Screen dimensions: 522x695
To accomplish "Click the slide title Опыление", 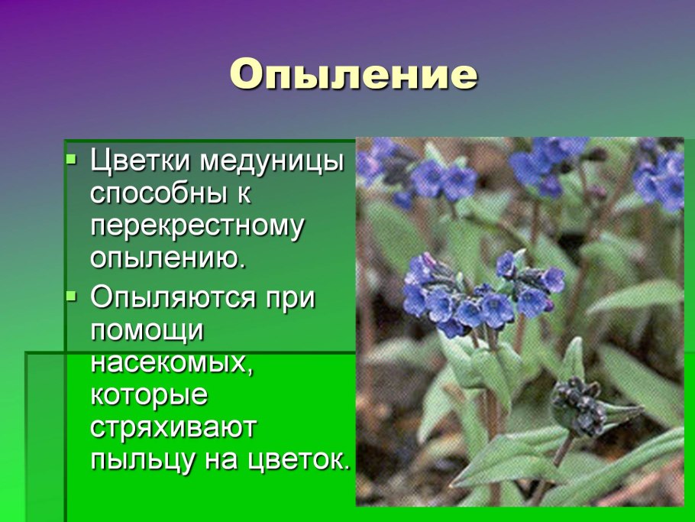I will pos(353,76).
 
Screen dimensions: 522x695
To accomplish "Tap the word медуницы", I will pos(273,162).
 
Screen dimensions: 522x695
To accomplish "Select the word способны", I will pos(156,194).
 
